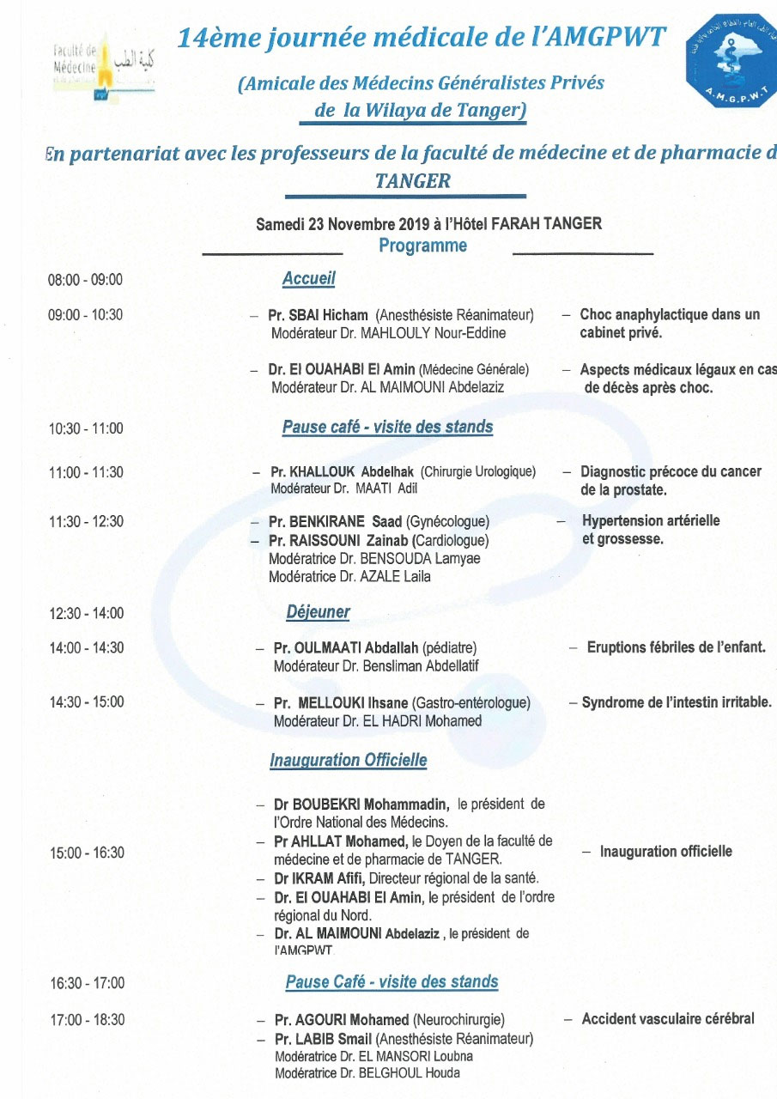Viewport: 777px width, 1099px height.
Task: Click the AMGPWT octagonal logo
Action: pos(731,62)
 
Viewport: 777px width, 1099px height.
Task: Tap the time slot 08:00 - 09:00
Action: pos(85,280)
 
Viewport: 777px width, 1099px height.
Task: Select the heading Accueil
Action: pos(308,278)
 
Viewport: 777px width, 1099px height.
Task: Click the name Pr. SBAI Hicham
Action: pos(318,315)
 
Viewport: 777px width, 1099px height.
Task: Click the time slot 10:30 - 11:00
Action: pos(85,428)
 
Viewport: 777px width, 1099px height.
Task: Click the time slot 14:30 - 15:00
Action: pos(86,701)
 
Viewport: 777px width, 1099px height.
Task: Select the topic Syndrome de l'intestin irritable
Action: pos(677,702)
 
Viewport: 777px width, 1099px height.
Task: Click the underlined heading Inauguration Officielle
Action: pos(348,760)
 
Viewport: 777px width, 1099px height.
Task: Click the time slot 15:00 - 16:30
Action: pos(86,853)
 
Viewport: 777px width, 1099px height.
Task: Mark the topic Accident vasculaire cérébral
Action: pos(668,1019)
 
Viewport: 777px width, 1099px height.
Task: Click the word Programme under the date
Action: pos(422,246)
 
